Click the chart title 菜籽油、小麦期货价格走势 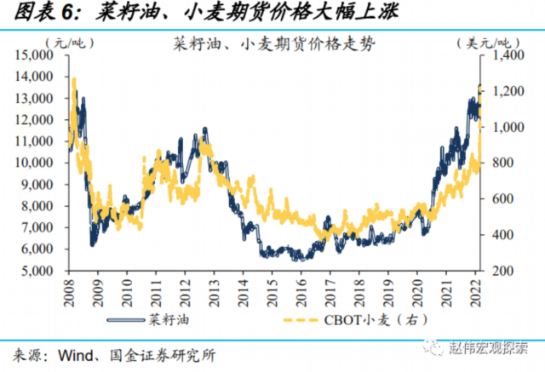pos(272,41)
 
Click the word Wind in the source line pos(79,352)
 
